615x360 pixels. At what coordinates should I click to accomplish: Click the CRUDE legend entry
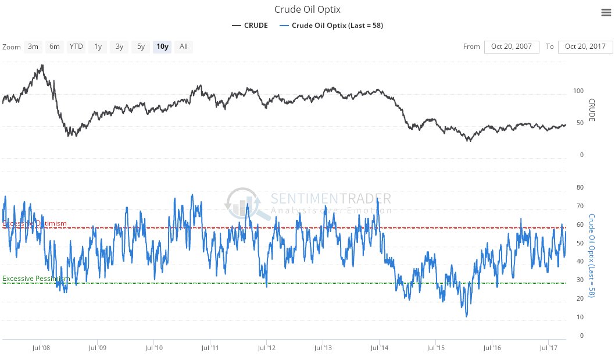[250, 26]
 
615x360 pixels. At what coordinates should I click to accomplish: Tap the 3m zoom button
[33, 47]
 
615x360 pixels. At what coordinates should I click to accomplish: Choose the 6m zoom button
[55, 47]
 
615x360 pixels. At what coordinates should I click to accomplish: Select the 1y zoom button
[98, 47]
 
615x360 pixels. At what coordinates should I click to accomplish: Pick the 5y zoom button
[141, 47]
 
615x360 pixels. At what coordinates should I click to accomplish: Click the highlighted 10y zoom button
[162, 47]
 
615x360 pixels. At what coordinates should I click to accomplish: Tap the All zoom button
[184, 47]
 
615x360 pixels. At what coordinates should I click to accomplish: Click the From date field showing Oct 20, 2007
[512, 47]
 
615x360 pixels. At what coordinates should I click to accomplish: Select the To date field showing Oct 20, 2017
[585, 47]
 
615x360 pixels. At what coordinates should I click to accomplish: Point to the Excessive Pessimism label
[36, 279]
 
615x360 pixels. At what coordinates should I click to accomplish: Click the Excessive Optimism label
[35, 224]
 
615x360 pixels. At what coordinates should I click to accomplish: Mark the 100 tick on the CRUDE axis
[578, 91]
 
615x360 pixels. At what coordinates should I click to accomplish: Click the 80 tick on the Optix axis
[579, 188]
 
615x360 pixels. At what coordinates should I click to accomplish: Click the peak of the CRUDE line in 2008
[42, 65]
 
